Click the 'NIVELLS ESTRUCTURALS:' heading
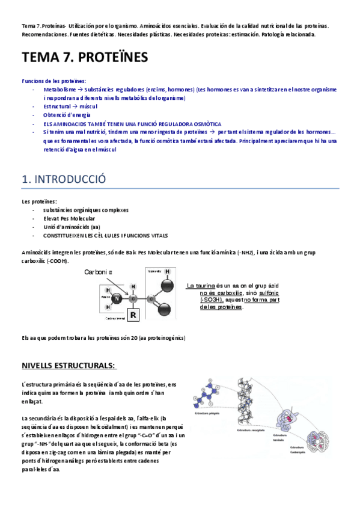(69, 366)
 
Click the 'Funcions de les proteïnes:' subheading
(53, 81)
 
